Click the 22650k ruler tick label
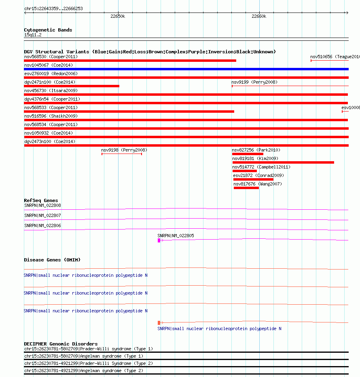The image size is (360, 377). tap(118, 17)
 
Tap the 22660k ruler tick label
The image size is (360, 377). tap(259, 17)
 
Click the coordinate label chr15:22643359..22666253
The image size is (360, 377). tap(53, 8)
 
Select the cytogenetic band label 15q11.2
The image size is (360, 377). tap(33, 35)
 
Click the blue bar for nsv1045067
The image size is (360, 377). tap(186, 69)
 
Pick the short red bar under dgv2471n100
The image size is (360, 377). tap(72, 86)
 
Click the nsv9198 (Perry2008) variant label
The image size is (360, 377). tap(124, 150)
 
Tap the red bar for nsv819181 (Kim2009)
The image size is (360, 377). tap(283, 162)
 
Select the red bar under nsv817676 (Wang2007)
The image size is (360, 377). tap(246, 188)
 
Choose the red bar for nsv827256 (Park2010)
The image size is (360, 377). tap(248, 154)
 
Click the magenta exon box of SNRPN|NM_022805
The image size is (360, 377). tap(159, 240)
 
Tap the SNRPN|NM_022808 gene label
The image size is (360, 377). tap(42, 206)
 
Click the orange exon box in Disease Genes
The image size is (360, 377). tap(159, 323)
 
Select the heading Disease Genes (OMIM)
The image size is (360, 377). tap(52, 260)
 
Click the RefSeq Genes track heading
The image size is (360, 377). tap(41, 200)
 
